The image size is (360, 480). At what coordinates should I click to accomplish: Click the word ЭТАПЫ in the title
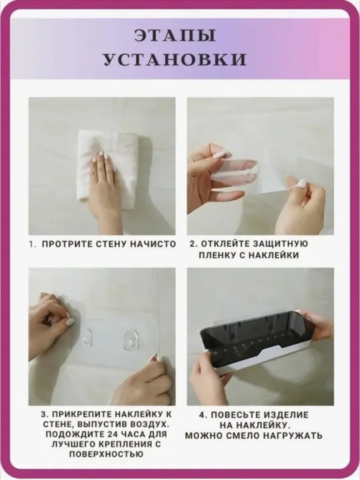pos(175,36)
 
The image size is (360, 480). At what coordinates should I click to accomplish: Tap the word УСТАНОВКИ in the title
pos(175,60)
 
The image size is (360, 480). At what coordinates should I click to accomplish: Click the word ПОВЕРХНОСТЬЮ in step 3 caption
pos(106,454)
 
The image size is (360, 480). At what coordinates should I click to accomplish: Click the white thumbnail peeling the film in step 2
pos(302,183)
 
